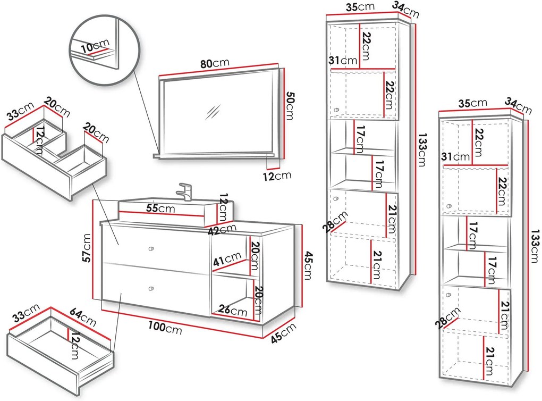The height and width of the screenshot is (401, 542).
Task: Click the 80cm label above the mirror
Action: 215,63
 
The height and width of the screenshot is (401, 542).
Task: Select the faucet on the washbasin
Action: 184,191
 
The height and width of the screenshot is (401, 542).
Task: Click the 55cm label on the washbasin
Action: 160,208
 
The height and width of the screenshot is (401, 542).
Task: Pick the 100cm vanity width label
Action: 165,327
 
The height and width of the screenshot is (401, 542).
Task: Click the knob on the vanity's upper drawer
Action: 151,249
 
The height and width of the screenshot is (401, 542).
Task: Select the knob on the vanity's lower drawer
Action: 151,289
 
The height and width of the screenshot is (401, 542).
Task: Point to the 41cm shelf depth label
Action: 227,259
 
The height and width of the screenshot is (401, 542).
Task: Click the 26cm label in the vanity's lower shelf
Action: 233,310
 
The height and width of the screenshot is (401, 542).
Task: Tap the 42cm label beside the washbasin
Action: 222,229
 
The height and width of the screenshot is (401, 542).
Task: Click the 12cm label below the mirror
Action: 277,176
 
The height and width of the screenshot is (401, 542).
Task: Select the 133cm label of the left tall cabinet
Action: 422,149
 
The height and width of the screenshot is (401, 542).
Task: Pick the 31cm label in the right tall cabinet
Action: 455,157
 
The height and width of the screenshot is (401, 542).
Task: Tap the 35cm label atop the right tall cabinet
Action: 473,103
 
